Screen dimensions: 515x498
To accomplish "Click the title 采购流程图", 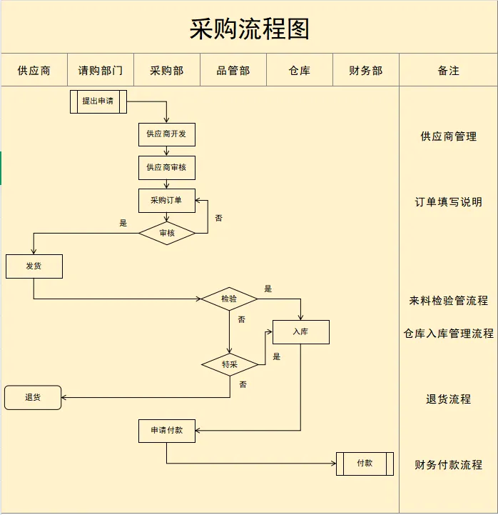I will (249, 29).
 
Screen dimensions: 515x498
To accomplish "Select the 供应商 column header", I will (34, 71).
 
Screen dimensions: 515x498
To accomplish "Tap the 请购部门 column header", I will (101, 71).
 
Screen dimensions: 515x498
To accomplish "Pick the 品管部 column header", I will (233, 71).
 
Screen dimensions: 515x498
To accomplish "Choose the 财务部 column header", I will (366, 71).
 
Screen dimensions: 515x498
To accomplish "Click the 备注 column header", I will (448, 71).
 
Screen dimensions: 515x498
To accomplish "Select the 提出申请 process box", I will (98, 101).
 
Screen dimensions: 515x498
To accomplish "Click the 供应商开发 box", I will (166, 134).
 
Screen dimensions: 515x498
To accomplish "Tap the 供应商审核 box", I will (166, 168).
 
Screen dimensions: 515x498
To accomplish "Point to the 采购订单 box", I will (166, 201).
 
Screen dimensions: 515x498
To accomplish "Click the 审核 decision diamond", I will (167, 233).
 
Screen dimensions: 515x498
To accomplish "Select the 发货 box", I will (34, 266).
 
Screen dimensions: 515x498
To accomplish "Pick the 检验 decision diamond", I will (229, 299).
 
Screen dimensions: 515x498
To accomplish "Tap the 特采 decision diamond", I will (229, 364).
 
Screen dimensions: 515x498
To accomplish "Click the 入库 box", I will (300, 332).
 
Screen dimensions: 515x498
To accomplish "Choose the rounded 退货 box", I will (33, 397).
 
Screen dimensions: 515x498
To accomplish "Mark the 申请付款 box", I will (166, 431).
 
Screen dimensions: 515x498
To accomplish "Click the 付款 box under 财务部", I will (365, 464).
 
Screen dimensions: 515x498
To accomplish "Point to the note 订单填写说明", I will (448, 202).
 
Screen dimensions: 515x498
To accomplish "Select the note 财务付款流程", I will (448, 465).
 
